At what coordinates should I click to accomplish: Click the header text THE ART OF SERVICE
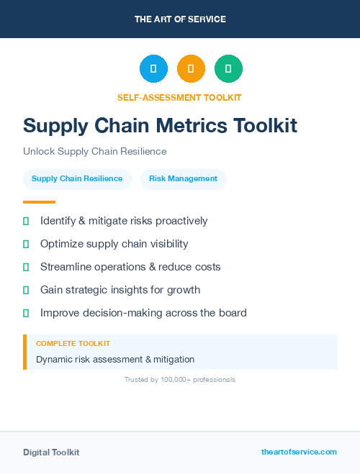coord(180,19)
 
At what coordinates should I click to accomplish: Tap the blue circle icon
coord(153,69)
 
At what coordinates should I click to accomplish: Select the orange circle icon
coord(191,69)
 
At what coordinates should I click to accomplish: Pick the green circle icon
coord(228,69)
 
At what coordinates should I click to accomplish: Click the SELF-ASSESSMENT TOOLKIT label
coord(179,97)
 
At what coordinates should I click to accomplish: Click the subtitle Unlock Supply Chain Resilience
coord(94,152)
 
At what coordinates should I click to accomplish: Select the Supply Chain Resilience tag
coord(77,178)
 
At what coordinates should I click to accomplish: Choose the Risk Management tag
coord(183,178)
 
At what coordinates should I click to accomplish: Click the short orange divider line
coord(39,202)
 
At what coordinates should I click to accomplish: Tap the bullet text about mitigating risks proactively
coord(124,221)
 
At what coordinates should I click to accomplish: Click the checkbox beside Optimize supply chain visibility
coord(26,244)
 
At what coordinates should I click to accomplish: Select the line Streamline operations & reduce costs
coord(130,267)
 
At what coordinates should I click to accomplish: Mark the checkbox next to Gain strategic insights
coord(26,290)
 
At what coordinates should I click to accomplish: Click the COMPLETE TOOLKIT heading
coord(73,344)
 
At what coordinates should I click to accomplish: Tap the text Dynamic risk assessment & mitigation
coord(115,359)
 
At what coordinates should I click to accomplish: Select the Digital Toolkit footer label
coord(51,452)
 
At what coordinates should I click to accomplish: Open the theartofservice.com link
coord(299,452)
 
